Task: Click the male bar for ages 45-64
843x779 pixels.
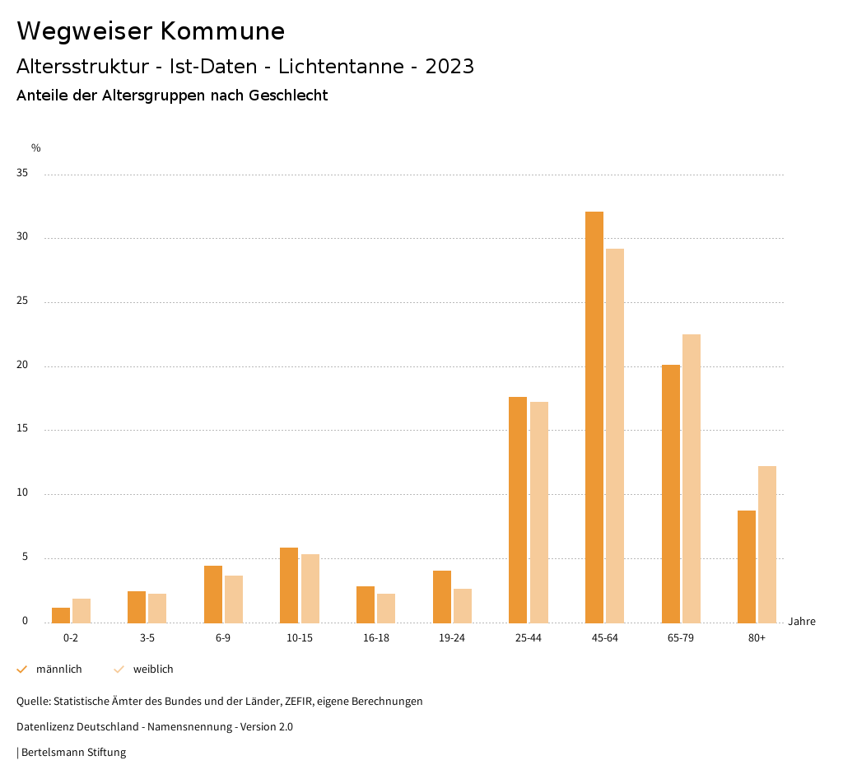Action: coord(594,417)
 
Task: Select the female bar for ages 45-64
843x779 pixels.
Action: coord(615,436)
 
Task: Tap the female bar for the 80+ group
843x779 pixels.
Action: coord(767,544)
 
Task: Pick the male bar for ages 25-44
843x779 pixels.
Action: coord(518,510)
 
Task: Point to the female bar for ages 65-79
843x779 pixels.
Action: coord(692,478)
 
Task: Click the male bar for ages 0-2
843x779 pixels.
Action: coord(61,615)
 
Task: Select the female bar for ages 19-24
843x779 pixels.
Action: coord(463,606)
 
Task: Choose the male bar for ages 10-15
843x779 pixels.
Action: coord(289,585)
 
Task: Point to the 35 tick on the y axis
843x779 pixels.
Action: coord(22,174)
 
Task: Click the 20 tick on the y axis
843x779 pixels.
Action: coord(22,366)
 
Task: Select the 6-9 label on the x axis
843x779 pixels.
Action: coord(223,639)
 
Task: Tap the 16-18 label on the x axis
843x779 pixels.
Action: coord(375,639)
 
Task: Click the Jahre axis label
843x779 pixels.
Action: coord(802,622)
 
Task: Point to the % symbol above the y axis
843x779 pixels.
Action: coord(35,148)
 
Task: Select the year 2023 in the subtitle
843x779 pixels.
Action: coord(449,67)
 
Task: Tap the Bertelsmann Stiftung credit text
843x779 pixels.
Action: coord(73,753)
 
